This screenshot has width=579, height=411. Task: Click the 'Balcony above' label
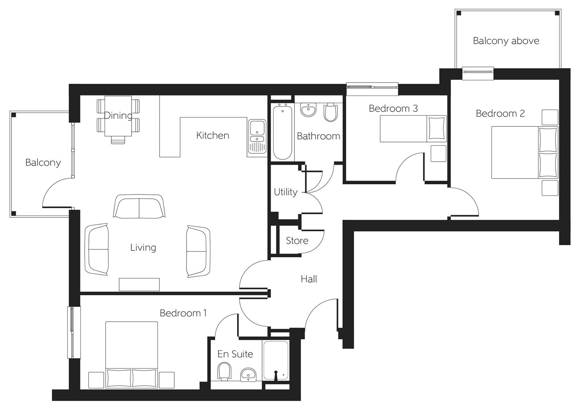click(x=506, y=41)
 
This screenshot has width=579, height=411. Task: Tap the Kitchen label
click(x=212, y=135)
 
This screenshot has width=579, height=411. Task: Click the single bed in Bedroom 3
click(x=413, y=129)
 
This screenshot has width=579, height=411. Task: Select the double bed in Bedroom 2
click(x=524, y=152)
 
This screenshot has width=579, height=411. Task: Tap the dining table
click(x=118, y=116)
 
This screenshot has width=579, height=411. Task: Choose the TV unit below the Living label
click(x=139, y=284)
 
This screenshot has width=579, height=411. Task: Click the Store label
click(x=297, y=241)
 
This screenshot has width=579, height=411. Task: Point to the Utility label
click(x=285, y=192)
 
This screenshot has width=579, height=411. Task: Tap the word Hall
click(x=309, y=279)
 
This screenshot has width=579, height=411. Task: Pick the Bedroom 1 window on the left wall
click(x=72, y=332)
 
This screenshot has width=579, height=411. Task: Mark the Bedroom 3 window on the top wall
click(x=372, y=87)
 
